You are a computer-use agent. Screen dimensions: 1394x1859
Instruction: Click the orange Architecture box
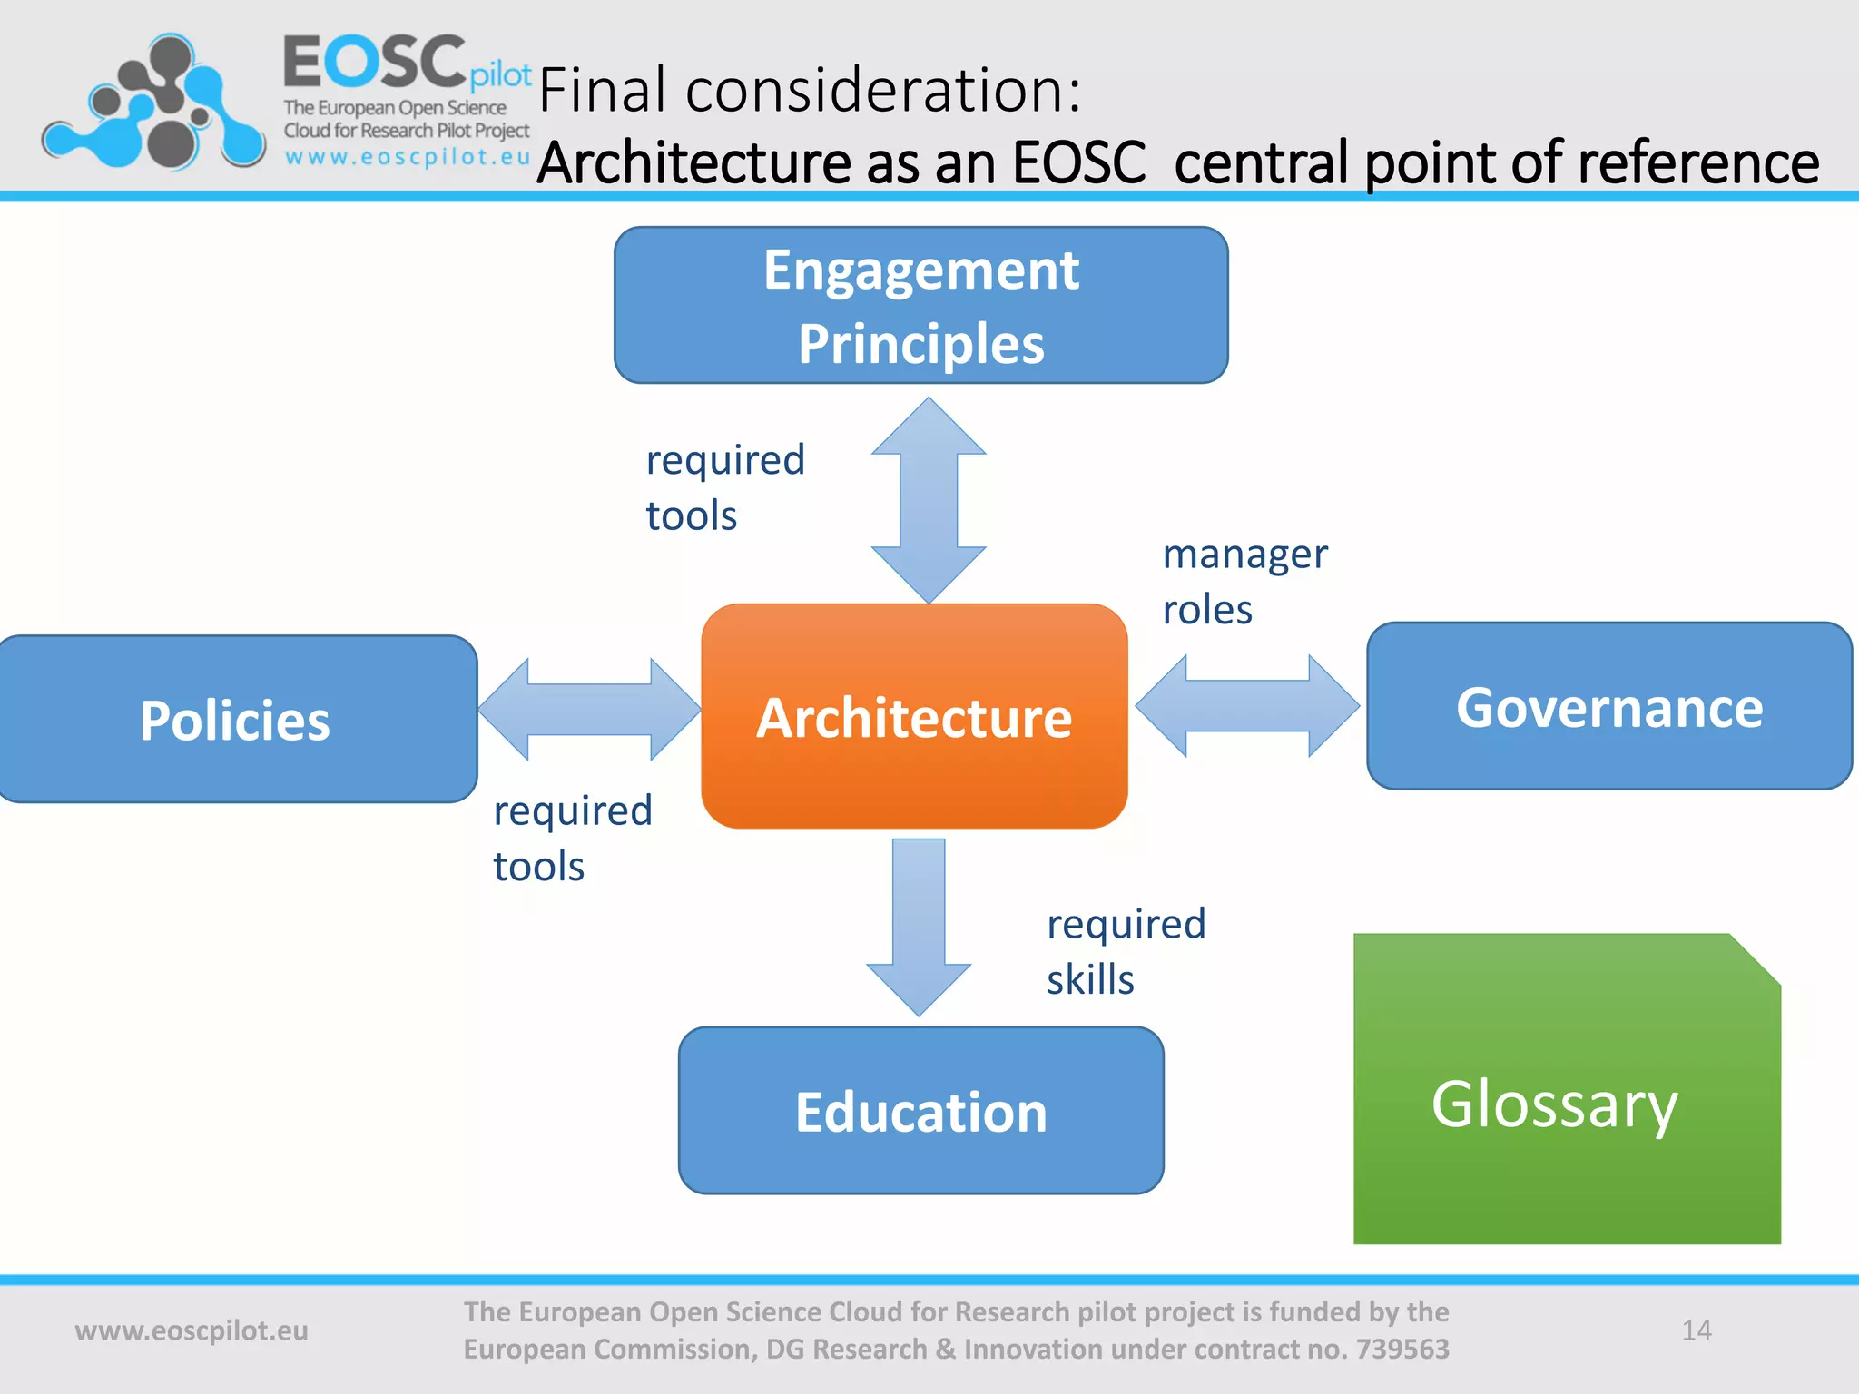(914, 716)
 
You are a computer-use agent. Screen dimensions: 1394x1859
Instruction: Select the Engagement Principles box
(920, 306)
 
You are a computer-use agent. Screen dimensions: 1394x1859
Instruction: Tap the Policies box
(235, 720)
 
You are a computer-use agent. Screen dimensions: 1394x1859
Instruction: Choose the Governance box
(1608, 707)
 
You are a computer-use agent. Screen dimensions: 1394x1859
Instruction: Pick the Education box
(920, 1111)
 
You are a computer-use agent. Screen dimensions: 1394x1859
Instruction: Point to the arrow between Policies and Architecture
(589, 710)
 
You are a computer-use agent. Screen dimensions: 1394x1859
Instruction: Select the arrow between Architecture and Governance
(1247, 706)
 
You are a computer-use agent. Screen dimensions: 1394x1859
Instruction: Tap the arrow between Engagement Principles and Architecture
(928, 500)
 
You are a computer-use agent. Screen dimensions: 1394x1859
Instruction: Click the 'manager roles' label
(1244, 581)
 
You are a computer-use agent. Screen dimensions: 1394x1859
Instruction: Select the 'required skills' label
(1126, 951)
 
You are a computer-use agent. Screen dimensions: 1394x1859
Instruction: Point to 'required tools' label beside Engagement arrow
(724, 487)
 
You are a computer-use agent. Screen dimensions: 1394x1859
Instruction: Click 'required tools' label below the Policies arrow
(572, 838)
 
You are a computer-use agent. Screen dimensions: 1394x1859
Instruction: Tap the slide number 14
(1696, 1330)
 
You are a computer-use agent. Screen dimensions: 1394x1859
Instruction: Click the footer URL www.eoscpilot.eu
(192, 1330)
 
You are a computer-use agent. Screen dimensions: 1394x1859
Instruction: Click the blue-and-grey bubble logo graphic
(154, 104)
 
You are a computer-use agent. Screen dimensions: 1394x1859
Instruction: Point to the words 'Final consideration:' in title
(810, 91)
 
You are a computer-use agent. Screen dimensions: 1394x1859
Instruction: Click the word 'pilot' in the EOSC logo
(500, 75)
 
